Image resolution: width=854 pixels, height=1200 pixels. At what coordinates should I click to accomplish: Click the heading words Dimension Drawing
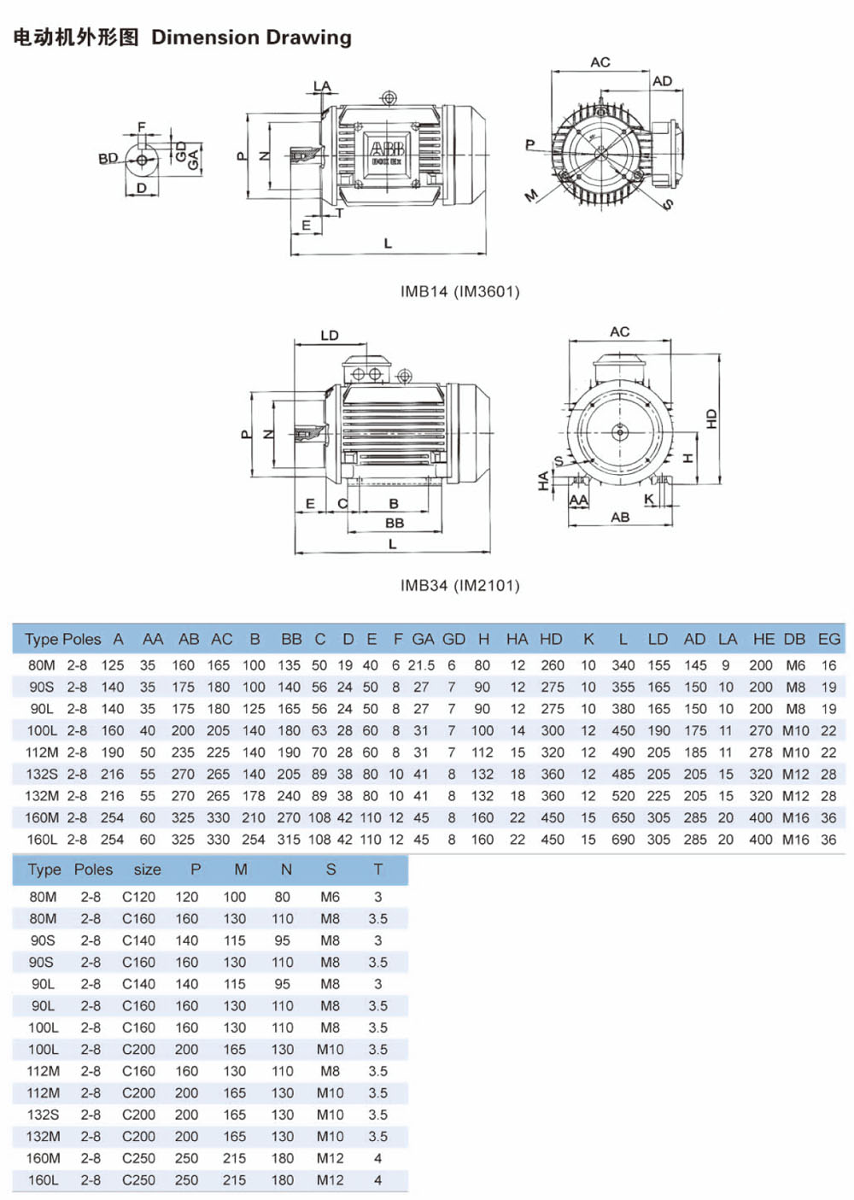pyautogui.click(x=251, y=38)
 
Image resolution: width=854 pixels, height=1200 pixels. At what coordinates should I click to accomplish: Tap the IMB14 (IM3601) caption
pyautogui.click(x=459, y=291)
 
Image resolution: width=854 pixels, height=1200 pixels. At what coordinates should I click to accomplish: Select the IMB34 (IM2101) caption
pyautogui.click(x=459, y=585)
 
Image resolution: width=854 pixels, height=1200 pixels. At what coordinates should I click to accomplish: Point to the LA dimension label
pyautogui.click(x=322, y=86)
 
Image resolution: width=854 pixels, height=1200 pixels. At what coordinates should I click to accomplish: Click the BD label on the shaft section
pyautogui.click(x=108, y=158)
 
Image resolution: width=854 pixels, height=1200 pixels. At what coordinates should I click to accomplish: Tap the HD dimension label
pyautogui.click(x=711, y=419)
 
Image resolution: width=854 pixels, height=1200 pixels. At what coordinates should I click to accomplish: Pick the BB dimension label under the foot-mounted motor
pyautogui.click(x=394, y=523)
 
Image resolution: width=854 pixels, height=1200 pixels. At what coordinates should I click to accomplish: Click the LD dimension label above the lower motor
pyautogui.click(x=330, y=336)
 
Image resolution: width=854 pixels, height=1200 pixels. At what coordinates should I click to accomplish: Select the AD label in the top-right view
pyautogui.click(x=662, y=81)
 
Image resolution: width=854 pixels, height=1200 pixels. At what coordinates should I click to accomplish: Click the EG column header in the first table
pyautogui.click(x=828, y=639)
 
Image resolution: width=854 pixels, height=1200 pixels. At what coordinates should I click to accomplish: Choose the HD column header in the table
pyautogui.click(x=551, y=639)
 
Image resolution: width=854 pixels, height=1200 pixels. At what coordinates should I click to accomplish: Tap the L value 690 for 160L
pyautogui.click(x=623, y=840)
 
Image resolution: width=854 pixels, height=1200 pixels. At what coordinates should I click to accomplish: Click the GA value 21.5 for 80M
pyautogui.click(x=421, y=665)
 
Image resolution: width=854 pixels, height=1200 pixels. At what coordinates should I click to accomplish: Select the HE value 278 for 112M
pyautogui.click(x=760, y=752)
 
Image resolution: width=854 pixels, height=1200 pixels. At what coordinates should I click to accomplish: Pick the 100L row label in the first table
pyautogui.click(x=42, y=731)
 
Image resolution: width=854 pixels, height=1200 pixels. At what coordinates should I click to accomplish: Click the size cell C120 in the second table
pyautogui.click(x=138, y=897)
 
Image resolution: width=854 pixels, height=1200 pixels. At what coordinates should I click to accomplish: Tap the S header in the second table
pyautogui.click(x=330, y=869)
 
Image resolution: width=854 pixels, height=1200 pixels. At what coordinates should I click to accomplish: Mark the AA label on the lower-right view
pyautogui.click(x=578, y=500)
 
